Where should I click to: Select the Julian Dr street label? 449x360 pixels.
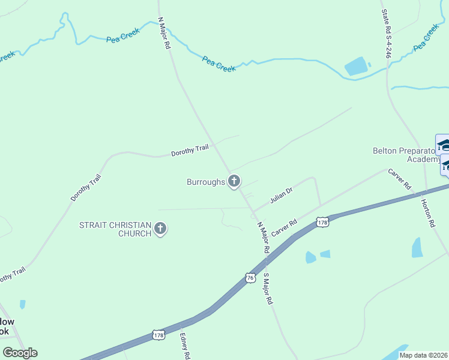(281, 195)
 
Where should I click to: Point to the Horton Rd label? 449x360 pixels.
(427, 213)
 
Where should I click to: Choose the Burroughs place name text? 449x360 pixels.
(205, 181)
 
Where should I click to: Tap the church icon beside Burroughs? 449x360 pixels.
(234, 181)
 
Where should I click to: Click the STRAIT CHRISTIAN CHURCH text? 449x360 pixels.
(115, 229)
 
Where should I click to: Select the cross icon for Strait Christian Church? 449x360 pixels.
(160, 229)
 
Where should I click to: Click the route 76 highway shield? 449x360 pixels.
(250, 277)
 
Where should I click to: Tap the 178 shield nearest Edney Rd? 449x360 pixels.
(158, 334)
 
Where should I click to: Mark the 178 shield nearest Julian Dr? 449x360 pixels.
(323, 222)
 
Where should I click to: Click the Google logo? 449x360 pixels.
(20, 353)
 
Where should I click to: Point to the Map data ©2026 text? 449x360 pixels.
(423, 355)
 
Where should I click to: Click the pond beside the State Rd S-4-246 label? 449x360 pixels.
(355, 66)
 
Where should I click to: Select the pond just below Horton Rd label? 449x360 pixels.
(417, 247)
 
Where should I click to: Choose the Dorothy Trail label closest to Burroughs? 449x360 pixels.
(189, 151)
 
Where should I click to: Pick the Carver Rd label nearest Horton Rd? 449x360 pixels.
(399, 178)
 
